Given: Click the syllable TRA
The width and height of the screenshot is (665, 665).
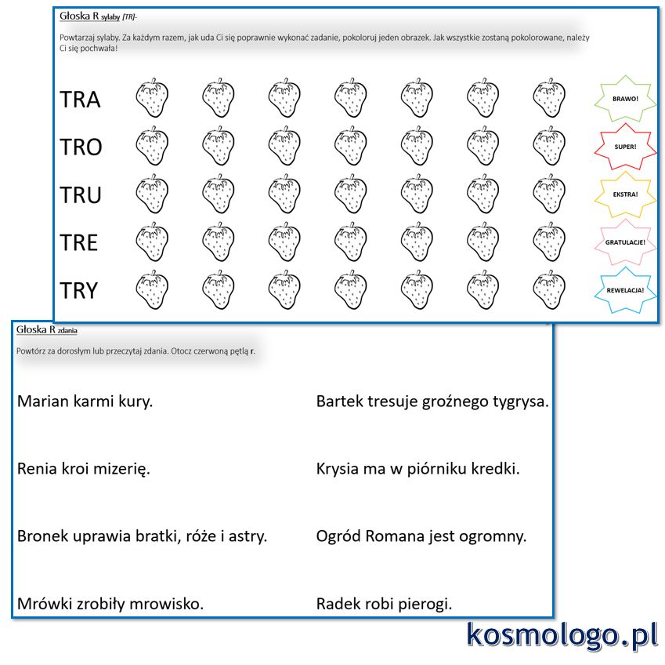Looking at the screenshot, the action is (80, 100).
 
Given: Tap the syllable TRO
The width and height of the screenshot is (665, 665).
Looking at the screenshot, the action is (81, 147).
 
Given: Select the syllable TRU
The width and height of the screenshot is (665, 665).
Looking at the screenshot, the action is (81, 195).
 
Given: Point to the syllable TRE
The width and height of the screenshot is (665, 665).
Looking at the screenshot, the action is (79, 242).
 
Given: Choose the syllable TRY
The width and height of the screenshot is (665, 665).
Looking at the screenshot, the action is (79, 290).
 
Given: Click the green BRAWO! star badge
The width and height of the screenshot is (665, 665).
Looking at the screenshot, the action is (625, 99).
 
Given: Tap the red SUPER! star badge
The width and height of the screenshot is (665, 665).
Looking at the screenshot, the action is (625, 147).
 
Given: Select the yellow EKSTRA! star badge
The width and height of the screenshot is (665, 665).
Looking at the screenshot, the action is (625, 194).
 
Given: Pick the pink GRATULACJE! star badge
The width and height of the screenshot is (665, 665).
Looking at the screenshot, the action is (625, 242).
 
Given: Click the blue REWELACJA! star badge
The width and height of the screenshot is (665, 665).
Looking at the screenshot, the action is (625, 290).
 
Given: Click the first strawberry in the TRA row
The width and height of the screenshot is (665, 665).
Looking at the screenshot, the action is (152, 98).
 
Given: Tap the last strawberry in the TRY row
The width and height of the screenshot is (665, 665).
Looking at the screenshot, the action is (549, 289).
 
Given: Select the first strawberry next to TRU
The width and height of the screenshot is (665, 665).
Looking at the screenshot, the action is (152, 194).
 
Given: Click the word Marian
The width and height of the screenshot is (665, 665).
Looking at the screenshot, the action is (42, 401).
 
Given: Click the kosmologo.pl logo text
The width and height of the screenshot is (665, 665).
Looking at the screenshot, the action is (562, 636).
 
